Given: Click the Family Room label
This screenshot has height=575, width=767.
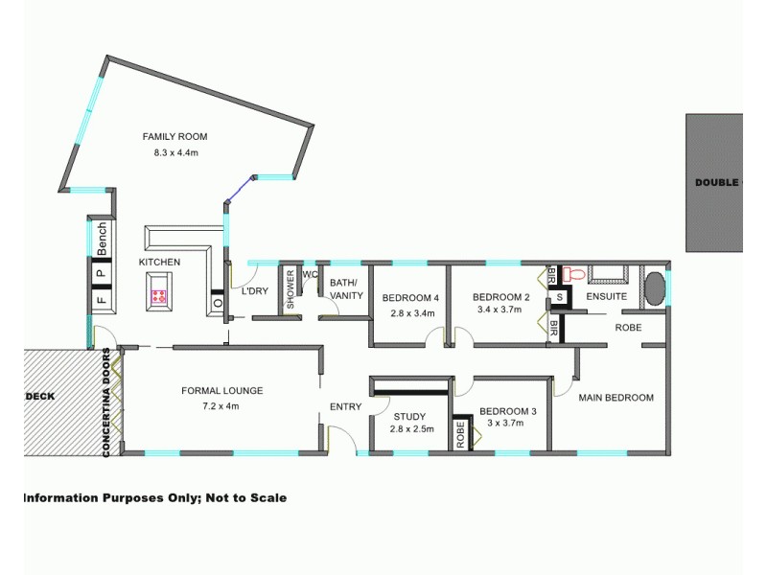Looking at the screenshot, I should coord(174,136).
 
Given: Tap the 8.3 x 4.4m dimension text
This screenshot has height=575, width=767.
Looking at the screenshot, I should coord(175,152).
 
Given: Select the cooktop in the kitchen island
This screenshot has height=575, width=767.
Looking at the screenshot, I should coord(159,296).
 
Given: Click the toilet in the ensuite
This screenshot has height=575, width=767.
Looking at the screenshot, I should coord(573,275).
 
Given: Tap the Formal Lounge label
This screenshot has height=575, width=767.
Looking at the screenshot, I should coord(221,390).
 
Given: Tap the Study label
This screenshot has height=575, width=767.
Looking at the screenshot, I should coord(408,415).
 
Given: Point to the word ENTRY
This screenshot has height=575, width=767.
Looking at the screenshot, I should coord(345,406).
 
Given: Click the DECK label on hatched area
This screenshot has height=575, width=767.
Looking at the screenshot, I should coord(40,395).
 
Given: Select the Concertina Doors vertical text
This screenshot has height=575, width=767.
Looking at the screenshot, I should coord(107,402).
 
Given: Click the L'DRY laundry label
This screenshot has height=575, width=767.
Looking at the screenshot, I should coord(254,290).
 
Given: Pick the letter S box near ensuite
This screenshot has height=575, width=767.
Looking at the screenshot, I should coord(559,298).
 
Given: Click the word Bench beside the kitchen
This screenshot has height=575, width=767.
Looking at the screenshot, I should coord(102,239).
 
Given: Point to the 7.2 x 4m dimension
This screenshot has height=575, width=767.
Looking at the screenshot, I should coord(221,405).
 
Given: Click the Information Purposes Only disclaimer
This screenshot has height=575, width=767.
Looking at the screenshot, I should coord(154,497).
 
